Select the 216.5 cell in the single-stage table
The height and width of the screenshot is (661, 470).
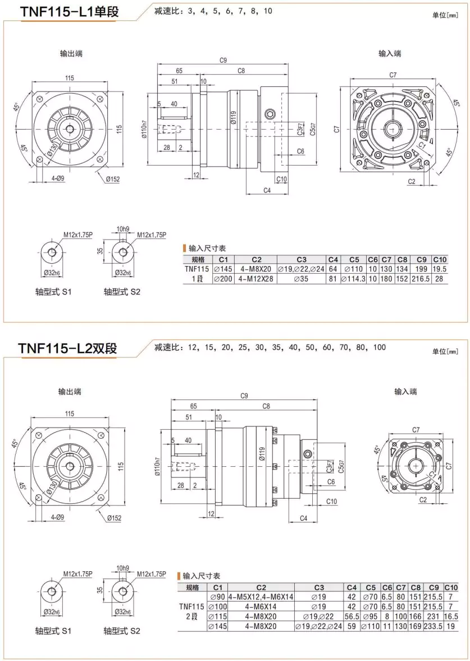(x=421, y=278)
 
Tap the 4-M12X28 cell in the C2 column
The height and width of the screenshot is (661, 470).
(x=256, y=278)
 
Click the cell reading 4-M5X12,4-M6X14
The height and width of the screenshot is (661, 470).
(x=261, y=596)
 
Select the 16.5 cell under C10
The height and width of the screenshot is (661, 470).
(x=451, y=616)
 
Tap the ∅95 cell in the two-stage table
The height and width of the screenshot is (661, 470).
(x=371, y=616)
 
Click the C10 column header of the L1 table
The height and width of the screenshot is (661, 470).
(x=440, y=260)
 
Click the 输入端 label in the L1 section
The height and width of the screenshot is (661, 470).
(x=390, y=53)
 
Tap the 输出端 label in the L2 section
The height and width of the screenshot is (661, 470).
(x=70, y=391)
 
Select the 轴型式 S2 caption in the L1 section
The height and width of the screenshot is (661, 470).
(x=122, y=292)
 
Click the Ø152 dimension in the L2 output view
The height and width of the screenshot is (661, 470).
(x=113, y=517)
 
